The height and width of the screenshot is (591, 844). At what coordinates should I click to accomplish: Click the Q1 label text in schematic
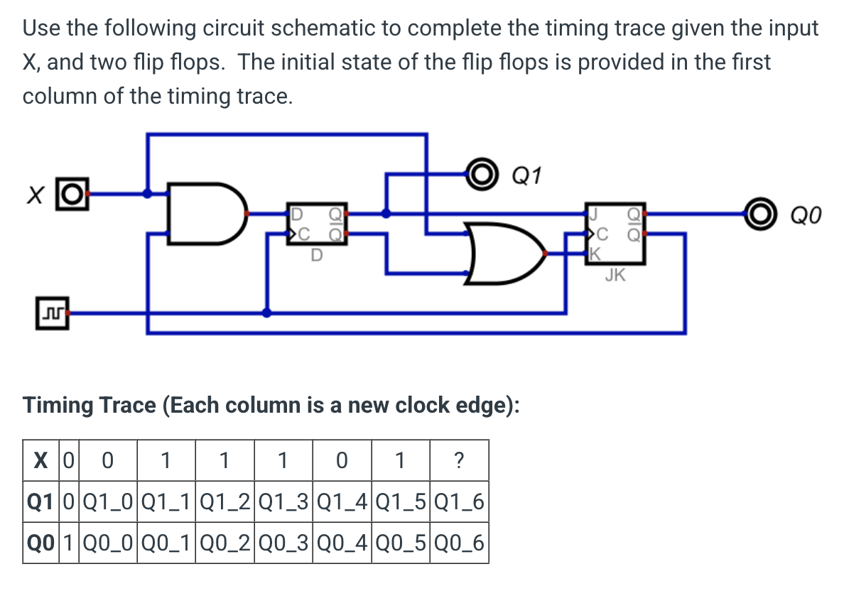tap(526, 174)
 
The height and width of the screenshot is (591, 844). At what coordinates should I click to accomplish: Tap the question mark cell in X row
tap(459, 462)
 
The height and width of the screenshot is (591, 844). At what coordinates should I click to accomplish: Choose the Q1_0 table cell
tap(107, 503)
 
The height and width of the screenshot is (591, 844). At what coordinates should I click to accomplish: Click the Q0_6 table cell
tap(459, 544)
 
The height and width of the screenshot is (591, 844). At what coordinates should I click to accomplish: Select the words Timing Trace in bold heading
tap(90, 406)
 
